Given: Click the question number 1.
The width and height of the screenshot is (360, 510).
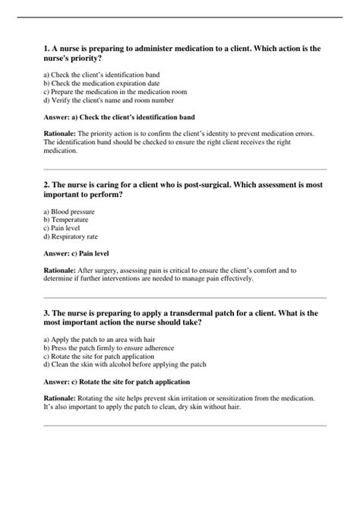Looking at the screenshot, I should pos(46,48).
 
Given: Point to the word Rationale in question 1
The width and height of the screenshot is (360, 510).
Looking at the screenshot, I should pos(60,134).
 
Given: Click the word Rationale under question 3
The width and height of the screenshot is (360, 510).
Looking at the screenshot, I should pos(60,398).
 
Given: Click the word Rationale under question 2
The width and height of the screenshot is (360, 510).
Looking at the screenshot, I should pos(60,270).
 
